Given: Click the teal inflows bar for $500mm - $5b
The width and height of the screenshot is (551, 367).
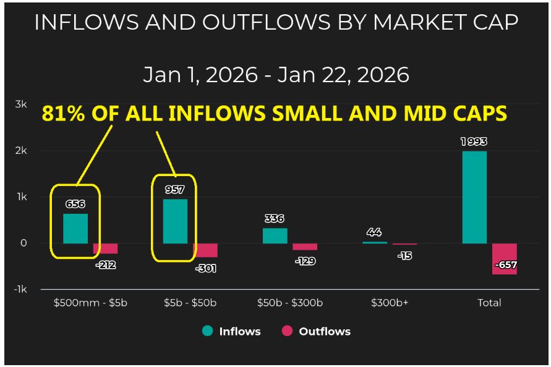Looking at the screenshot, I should click(x=75, y=228).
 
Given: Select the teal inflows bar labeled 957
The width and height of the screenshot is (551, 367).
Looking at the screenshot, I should click(x=175, y=221).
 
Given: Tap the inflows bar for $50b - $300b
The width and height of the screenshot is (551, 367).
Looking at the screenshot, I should click(x=275, y=235).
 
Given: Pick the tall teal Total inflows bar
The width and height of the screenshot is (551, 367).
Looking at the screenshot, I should click(x=474, y=196).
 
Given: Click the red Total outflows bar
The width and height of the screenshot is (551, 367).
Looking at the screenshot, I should click(x=505, y=258).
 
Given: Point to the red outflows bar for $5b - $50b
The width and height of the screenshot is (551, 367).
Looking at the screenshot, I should click(x=205, y=250).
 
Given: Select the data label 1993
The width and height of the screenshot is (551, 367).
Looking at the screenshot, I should click(x=474, y=141).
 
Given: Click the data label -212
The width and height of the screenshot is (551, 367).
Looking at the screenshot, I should click(x=105, y=265).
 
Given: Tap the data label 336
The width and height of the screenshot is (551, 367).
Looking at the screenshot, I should click(x=274, y=218).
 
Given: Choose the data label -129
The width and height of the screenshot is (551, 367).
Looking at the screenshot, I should click(x=304, y=261).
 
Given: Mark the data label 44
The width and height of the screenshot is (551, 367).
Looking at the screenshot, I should click(x=374, y=232).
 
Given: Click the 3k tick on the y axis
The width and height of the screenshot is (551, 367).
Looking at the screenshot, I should click(x=20, y=104).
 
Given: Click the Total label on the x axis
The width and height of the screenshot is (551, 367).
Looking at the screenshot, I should click(x=489, y=303).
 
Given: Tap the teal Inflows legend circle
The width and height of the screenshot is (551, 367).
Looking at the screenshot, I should click(x=208, y=331).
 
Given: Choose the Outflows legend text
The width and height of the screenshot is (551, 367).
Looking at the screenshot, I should click(x=325, y=331).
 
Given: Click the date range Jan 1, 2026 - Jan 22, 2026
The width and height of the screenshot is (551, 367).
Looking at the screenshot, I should click(x=276, y=75).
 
